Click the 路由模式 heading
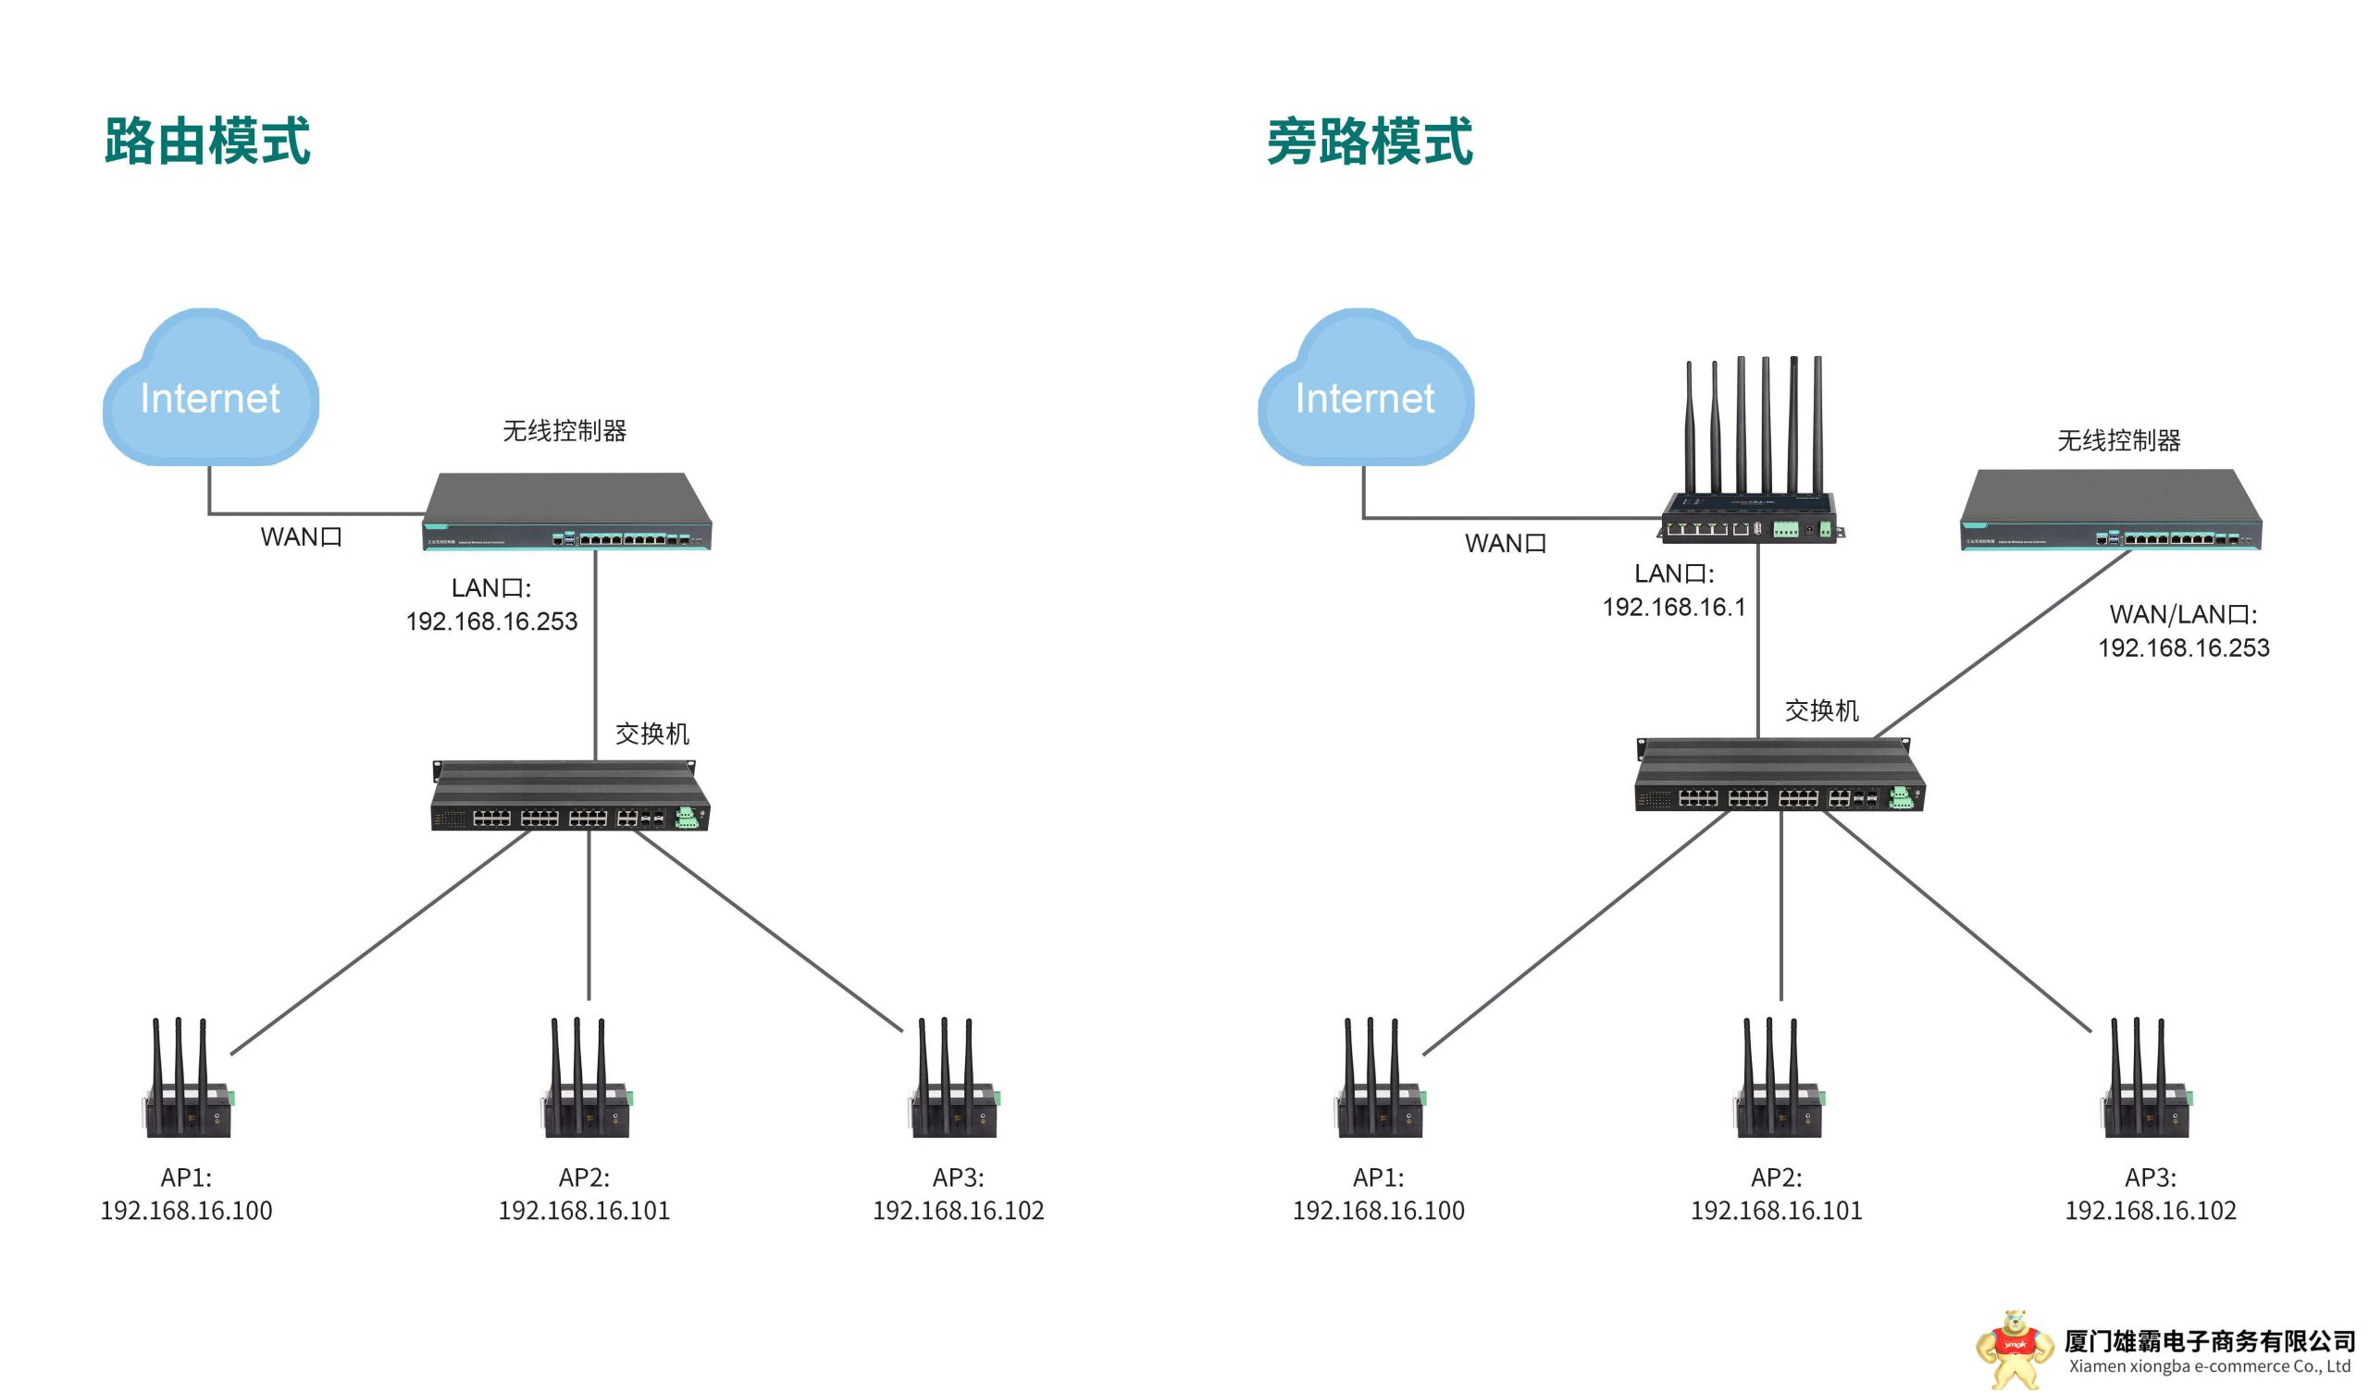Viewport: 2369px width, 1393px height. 206,142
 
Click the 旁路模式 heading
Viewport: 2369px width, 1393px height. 1370,142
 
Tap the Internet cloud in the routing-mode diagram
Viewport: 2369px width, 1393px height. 211,388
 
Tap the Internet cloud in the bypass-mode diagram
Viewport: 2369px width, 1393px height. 1366,388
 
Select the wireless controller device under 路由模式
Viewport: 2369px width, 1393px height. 567,512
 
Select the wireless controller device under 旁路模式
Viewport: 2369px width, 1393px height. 2111,510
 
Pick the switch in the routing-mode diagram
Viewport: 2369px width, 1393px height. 571,795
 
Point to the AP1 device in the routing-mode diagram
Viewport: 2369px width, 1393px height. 188,1079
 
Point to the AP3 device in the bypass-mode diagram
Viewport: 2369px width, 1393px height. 2148,1079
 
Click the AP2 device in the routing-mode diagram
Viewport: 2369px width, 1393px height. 587,1079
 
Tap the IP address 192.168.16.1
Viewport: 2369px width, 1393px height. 1673,607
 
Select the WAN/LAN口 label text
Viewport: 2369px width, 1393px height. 2184,615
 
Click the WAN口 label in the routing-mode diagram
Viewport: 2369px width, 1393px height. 301,536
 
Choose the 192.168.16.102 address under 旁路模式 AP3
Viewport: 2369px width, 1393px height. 2151,1211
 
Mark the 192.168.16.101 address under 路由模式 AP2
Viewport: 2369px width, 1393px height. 584,1211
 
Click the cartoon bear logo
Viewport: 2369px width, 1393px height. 2015,1350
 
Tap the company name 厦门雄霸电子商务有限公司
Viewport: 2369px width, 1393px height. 2209,1340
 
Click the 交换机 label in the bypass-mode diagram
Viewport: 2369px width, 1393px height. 1822,710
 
